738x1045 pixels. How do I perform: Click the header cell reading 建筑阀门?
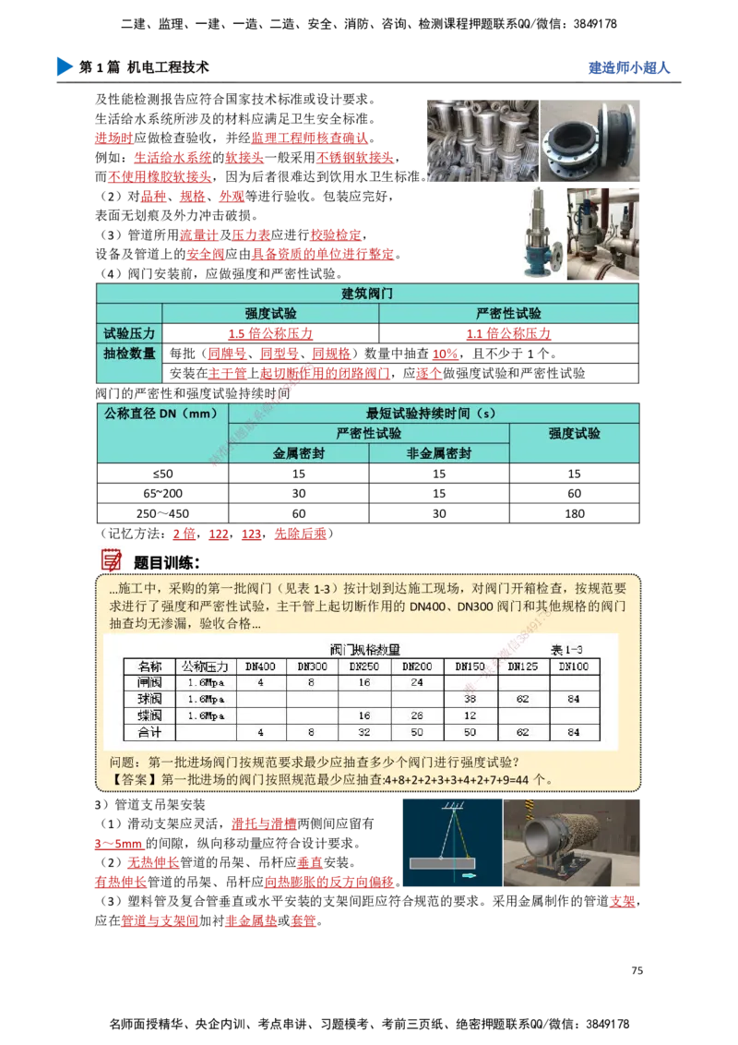click(367, 294)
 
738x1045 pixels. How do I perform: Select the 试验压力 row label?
click(129, 333)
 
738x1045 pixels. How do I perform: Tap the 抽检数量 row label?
click(129, 354)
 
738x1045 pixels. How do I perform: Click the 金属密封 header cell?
click(298, 453)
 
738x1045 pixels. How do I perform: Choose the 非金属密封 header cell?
click(438, 453)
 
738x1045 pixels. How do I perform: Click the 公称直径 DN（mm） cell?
click(162, 414)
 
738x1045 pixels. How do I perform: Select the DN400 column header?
click(261, 667)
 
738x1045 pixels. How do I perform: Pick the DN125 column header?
click(522, 667)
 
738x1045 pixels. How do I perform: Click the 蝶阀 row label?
click(149, 715)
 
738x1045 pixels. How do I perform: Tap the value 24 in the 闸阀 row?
click(417, 683)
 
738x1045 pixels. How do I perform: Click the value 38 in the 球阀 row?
click(470, 700)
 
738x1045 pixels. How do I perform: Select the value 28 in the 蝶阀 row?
click(417, 715)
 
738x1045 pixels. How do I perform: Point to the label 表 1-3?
click(566, 649)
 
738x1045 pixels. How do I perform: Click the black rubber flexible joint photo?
click(590, 139)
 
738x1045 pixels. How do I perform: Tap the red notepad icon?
click(111, 559)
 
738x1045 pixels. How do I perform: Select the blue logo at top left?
click(63, 66)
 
